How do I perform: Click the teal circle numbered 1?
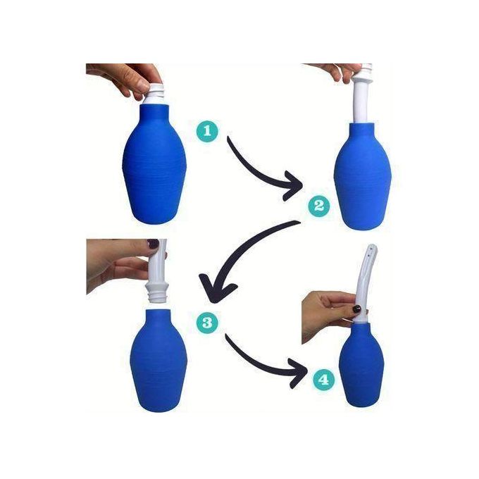tap(207, 131)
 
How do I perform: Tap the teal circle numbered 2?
tap(318, 206)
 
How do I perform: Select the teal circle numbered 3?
tap(207, 323)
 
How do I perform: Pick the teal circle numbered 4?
tap(324, 380)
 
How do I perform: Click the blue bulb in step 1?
tap(154, 165)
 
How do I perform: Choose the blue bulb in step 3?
tap(158, 361)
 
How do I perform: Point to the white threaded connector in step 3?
tap(156, 292)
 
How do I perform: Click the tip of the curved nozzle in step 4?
tap(373, 246)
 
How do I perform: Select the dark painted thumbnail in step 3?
tap(154, 244)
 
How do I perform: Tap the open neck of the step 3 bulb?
tap(158, 312)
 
